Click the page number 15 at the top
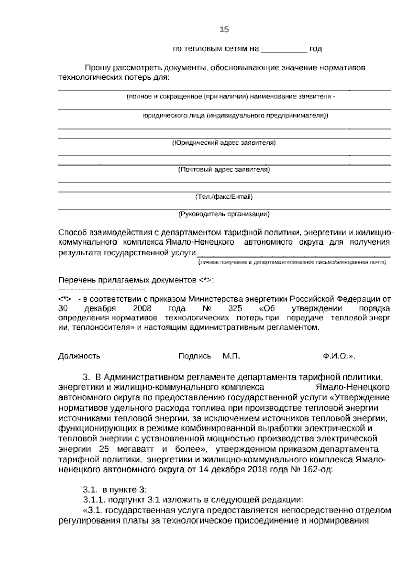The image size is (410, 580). pyautogui.click(x=224, y=30)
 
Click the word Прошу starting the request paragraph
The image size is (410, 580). pyautogui.click(x=98, y=68)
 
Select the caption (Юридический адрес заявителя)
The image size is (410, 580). pyautogui.click(x=224, y=143)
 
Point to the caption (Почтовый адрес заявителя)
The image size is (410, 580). pyautogui.click(x=224, y=170)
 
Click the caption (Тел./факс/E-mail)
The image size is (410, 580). pyautogui.click(x=224, y=197)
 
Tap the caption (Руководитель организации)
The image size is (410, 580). pyautogui.click(x=224, y=214)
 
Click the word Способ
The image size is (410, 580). pyautogui.click(x=73, y=233)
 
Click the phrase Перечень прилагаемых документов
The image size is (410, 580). pyautogui.click(x=136, y=280)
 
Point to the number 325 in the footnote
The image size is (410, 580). pyautogui.click(x=235, y=308)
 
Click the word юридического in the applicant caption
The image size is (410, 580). pyautogui.click(x=161, y=116)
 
